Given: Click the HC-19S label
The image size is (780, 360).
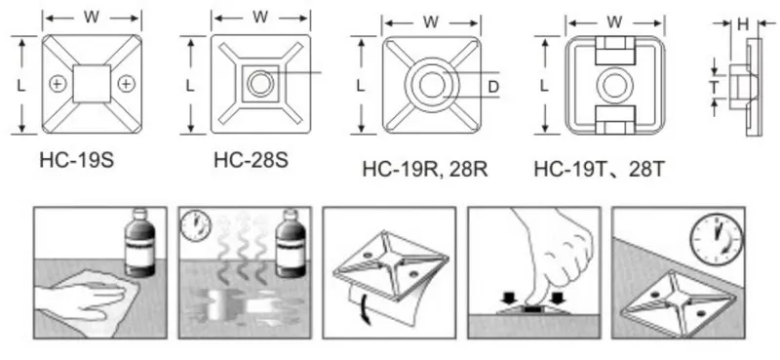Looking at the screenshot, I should (79, 159).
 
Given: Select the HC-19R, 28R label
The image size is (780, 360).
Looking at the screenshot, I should (424, 170).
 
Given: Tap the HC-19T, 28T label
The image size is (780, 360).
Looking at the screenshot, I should (599, 170).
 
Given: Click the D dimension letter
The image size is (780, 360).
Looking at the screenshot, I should (493, 87).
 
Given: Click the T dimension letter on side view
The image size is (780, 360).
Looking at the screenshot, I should (714, 88).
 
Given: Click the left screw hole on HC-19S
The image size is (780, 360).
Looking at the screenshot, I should (58, 85).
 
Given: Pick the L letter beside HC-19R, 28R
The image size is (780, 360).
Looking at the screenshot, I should (361, 86).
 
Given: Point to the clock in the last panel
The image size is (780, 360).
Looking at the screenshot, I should (718, 236).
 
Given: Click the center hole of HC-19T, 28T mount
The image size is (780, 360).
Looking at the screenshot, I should (615, 86).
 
